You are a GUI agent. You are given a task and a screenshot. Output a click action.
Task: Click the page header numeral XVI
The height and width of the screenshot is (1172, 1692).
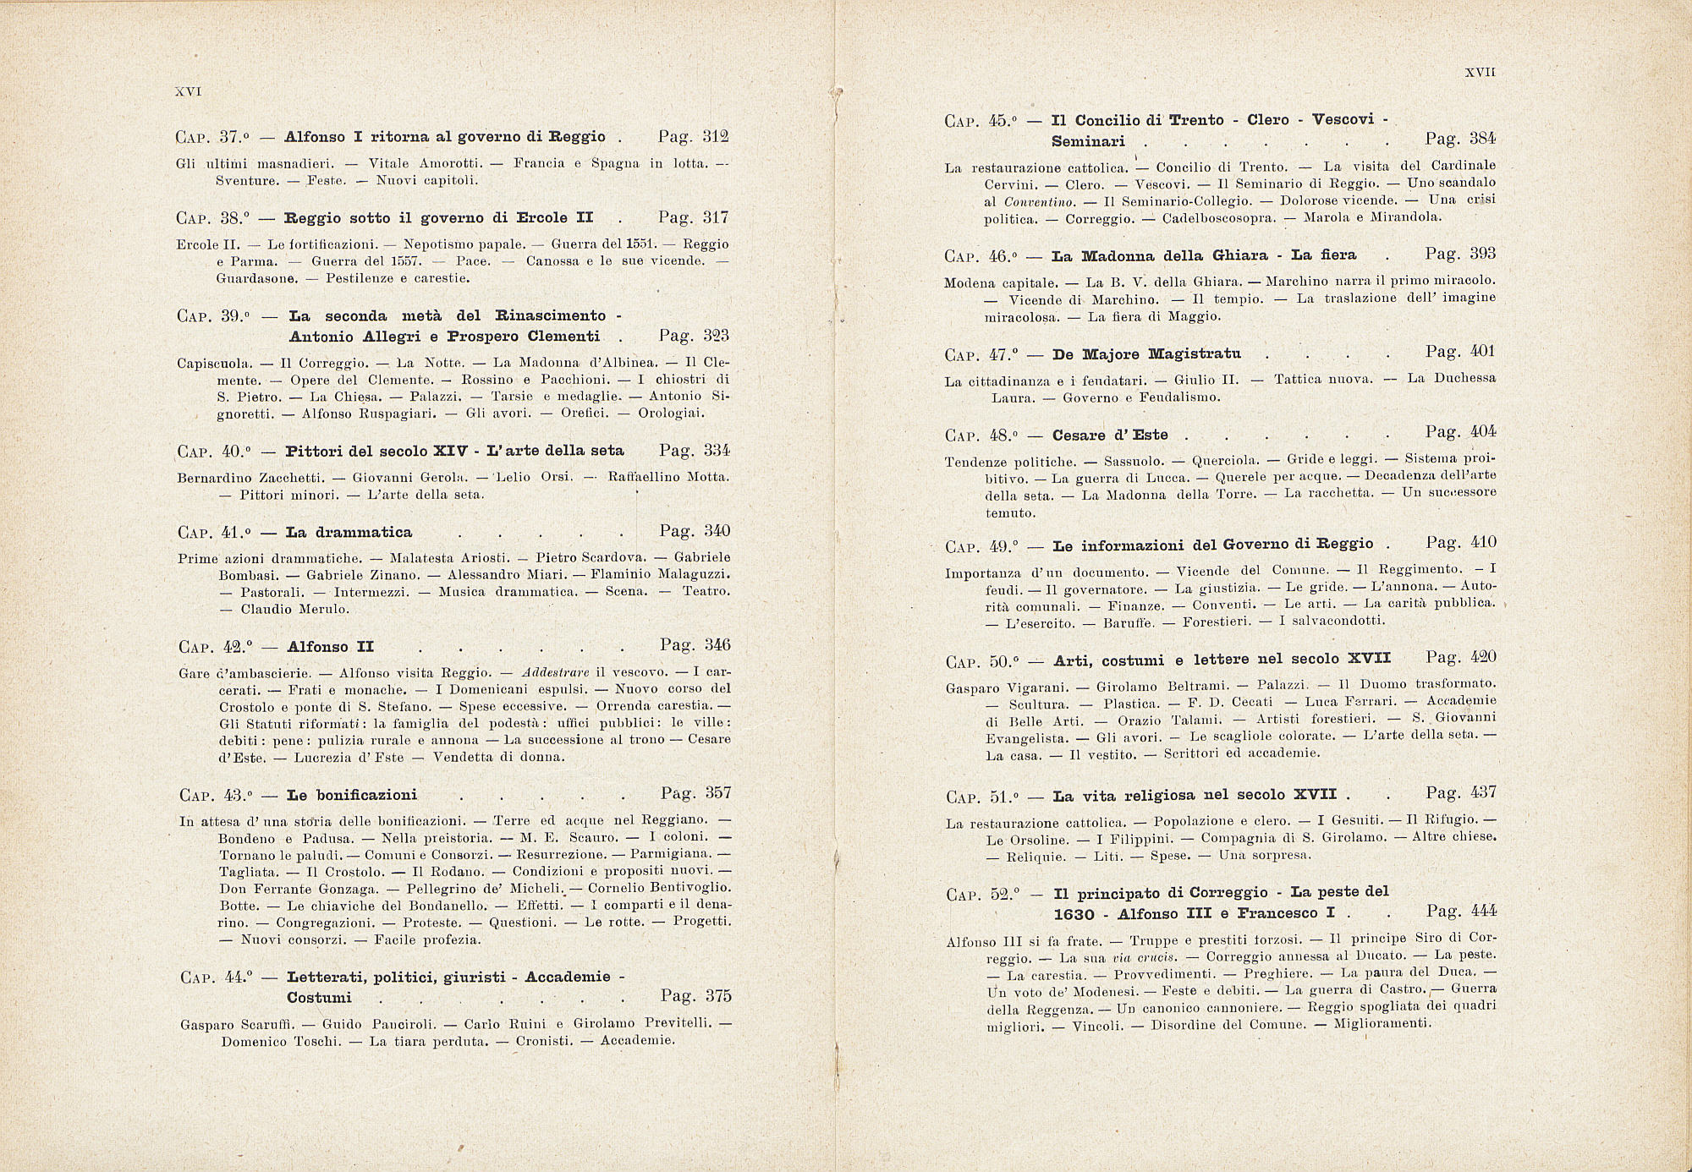coord(187,91)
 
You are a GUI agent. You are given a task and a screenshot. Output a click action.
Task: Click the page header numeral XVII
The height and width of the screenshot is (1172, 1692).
coord(1480,73)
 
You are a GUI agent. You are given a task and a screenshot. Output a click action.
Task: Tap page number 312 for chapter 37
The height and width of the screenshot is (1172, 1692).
coord(716,136)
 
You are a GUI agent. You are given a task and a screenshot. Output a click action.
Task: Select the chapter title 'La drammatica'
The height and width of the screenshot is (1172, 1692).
coord(349,532)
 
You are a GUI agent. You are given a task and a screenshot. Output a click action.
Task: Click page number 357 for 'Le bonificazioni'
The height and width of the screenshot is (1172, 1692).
coord(717,793)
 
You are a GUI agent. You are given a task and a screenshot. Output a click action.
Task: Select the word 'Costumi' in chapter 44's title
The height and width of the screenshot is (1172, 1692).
coord(319,998)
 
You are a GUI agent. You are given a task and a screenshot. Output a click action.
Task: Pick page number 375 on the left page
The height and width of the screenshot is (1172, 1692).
coord(717,995)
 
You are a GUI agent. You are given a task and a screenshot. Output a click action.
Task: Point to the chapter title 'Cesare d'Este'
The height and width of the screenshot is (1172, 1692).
coord(1110,435)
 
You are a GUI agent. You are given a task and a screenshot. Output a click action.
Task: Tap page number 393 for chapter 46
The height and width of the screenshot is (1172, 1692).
coord(1483,254)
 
